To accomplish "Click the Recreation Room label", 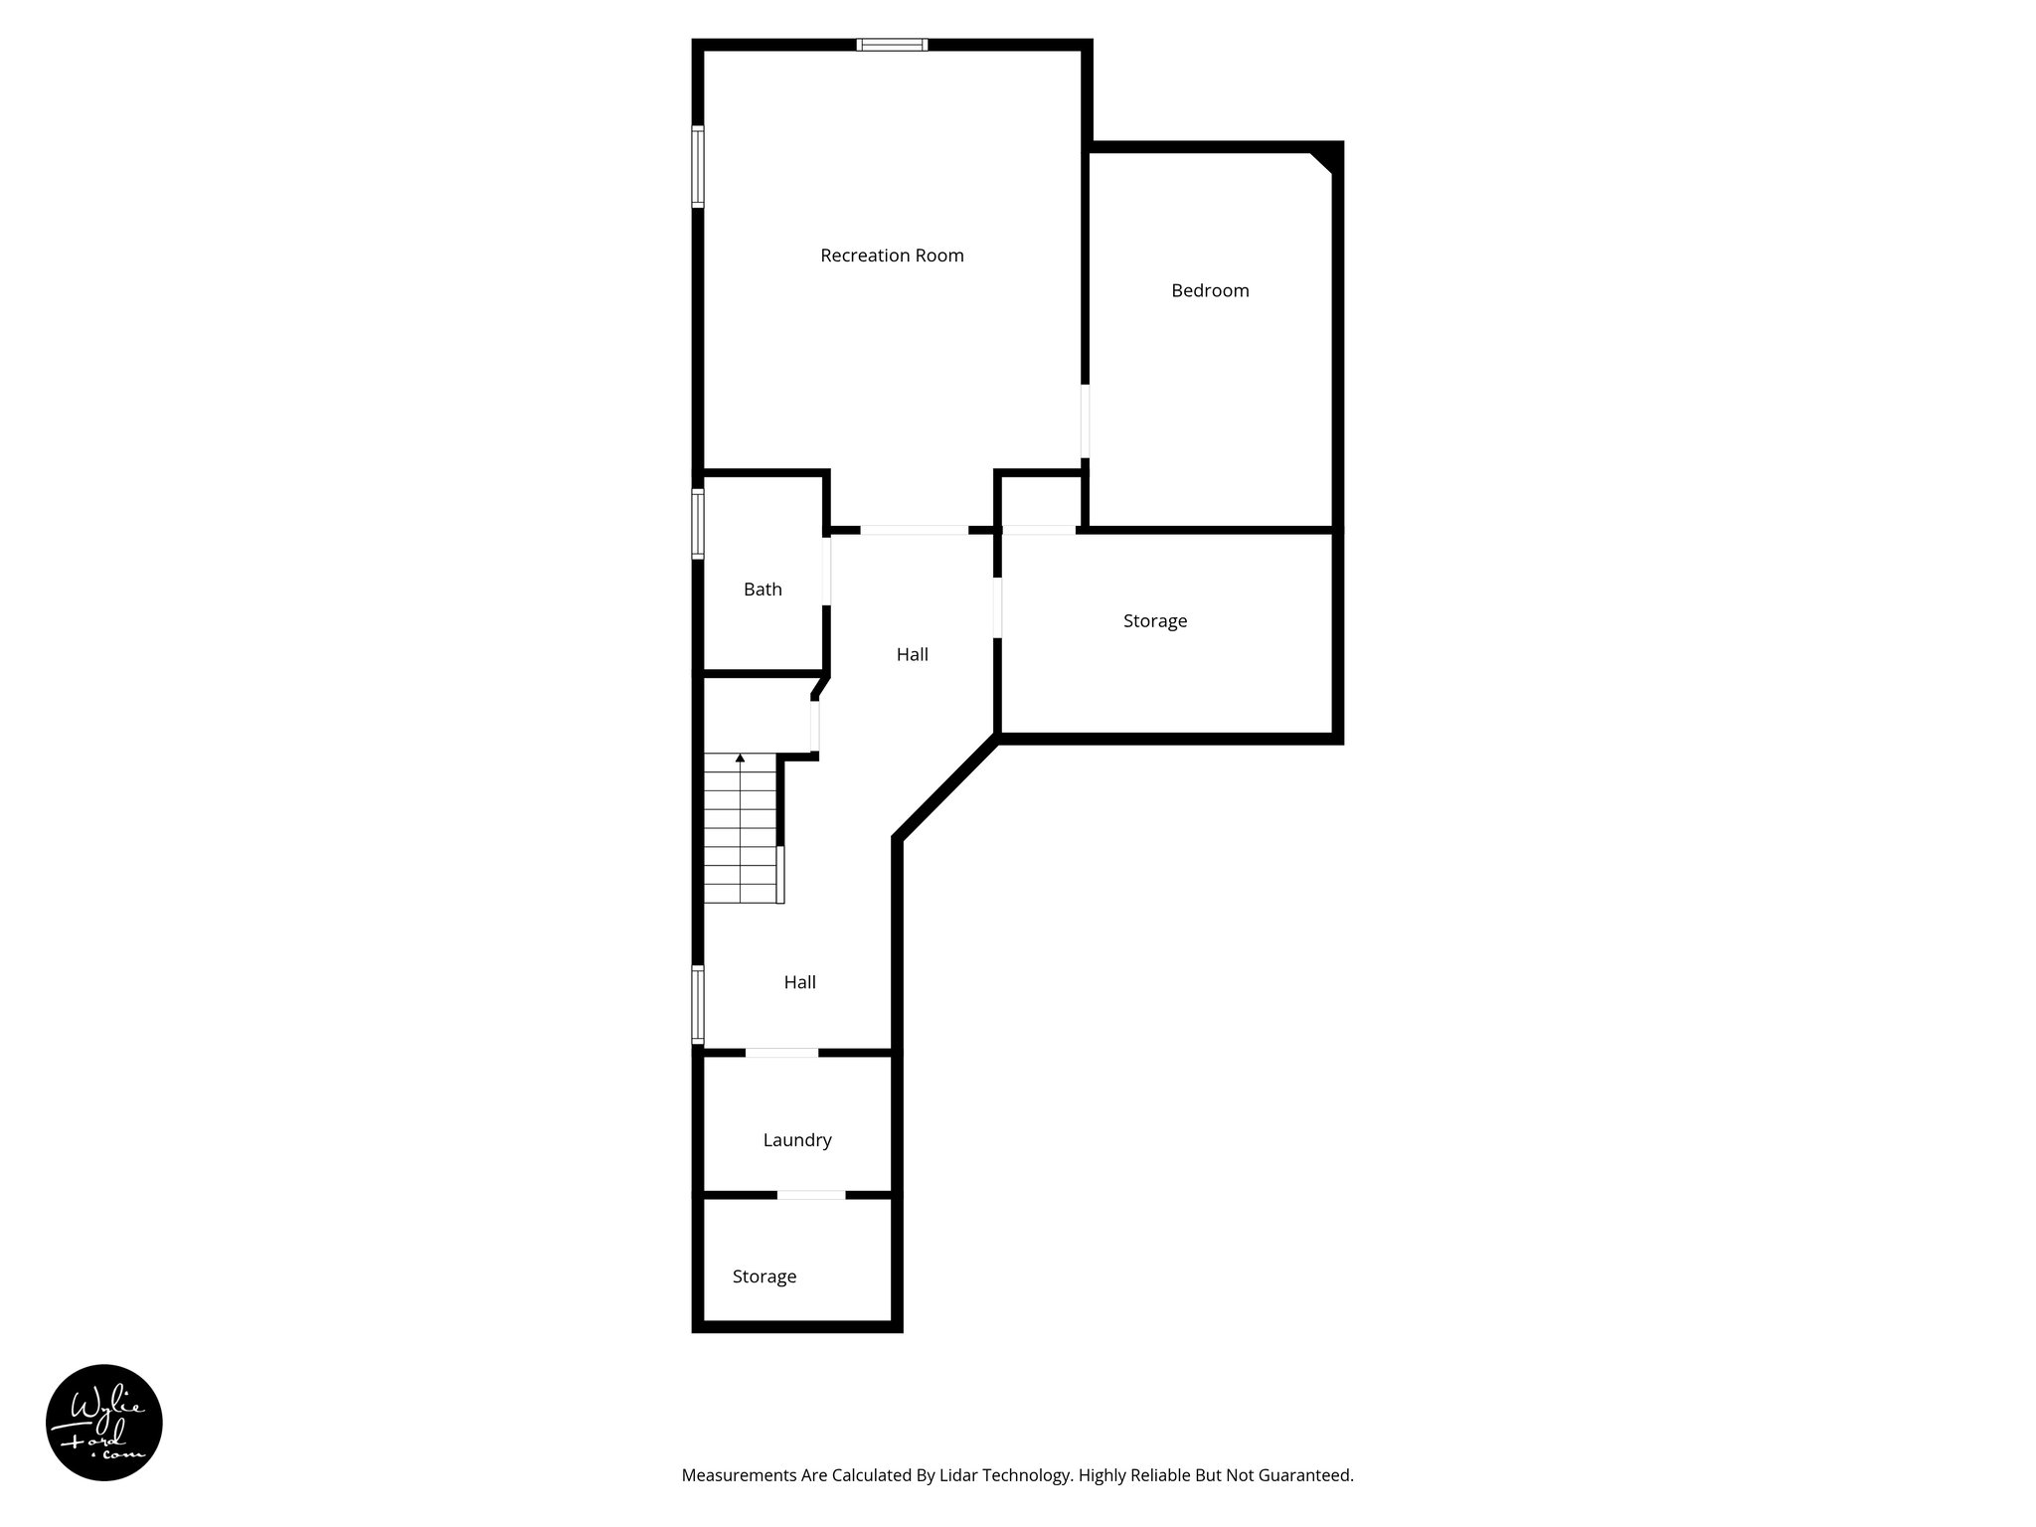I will (892, 255).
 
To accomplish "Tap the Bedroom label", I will (1210, 290).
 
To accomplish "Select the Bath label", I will (763, 590).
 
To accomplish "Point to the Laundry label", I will (797, 1140).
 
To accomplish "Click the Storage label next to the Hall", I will (1155, 621).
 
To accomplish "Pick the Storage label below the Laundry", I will (764, 1276).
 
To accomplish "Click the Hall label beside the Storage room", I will (913, 654).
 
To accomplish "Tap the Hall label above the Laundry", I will (800, 982).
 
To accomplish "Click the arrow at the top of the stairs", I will (740, 759).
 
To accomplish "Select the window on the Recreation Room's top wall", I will (892, 45).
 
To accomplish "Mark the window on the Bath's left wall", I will (698, 524).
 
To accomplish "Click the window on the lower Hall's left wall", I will (698, 1004).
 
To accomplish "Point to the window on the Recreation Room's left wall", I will (698, 166).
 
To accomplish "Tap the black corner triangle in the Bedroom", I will (1323, 161).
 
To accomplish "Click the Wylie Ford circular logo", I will (104, 1423).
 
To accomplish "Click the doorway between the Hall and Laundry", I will (781, 1052).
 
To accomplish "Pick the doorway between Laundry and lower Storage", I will (811, 1194).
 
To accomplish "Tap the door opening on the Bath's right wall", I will (826, 571).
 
